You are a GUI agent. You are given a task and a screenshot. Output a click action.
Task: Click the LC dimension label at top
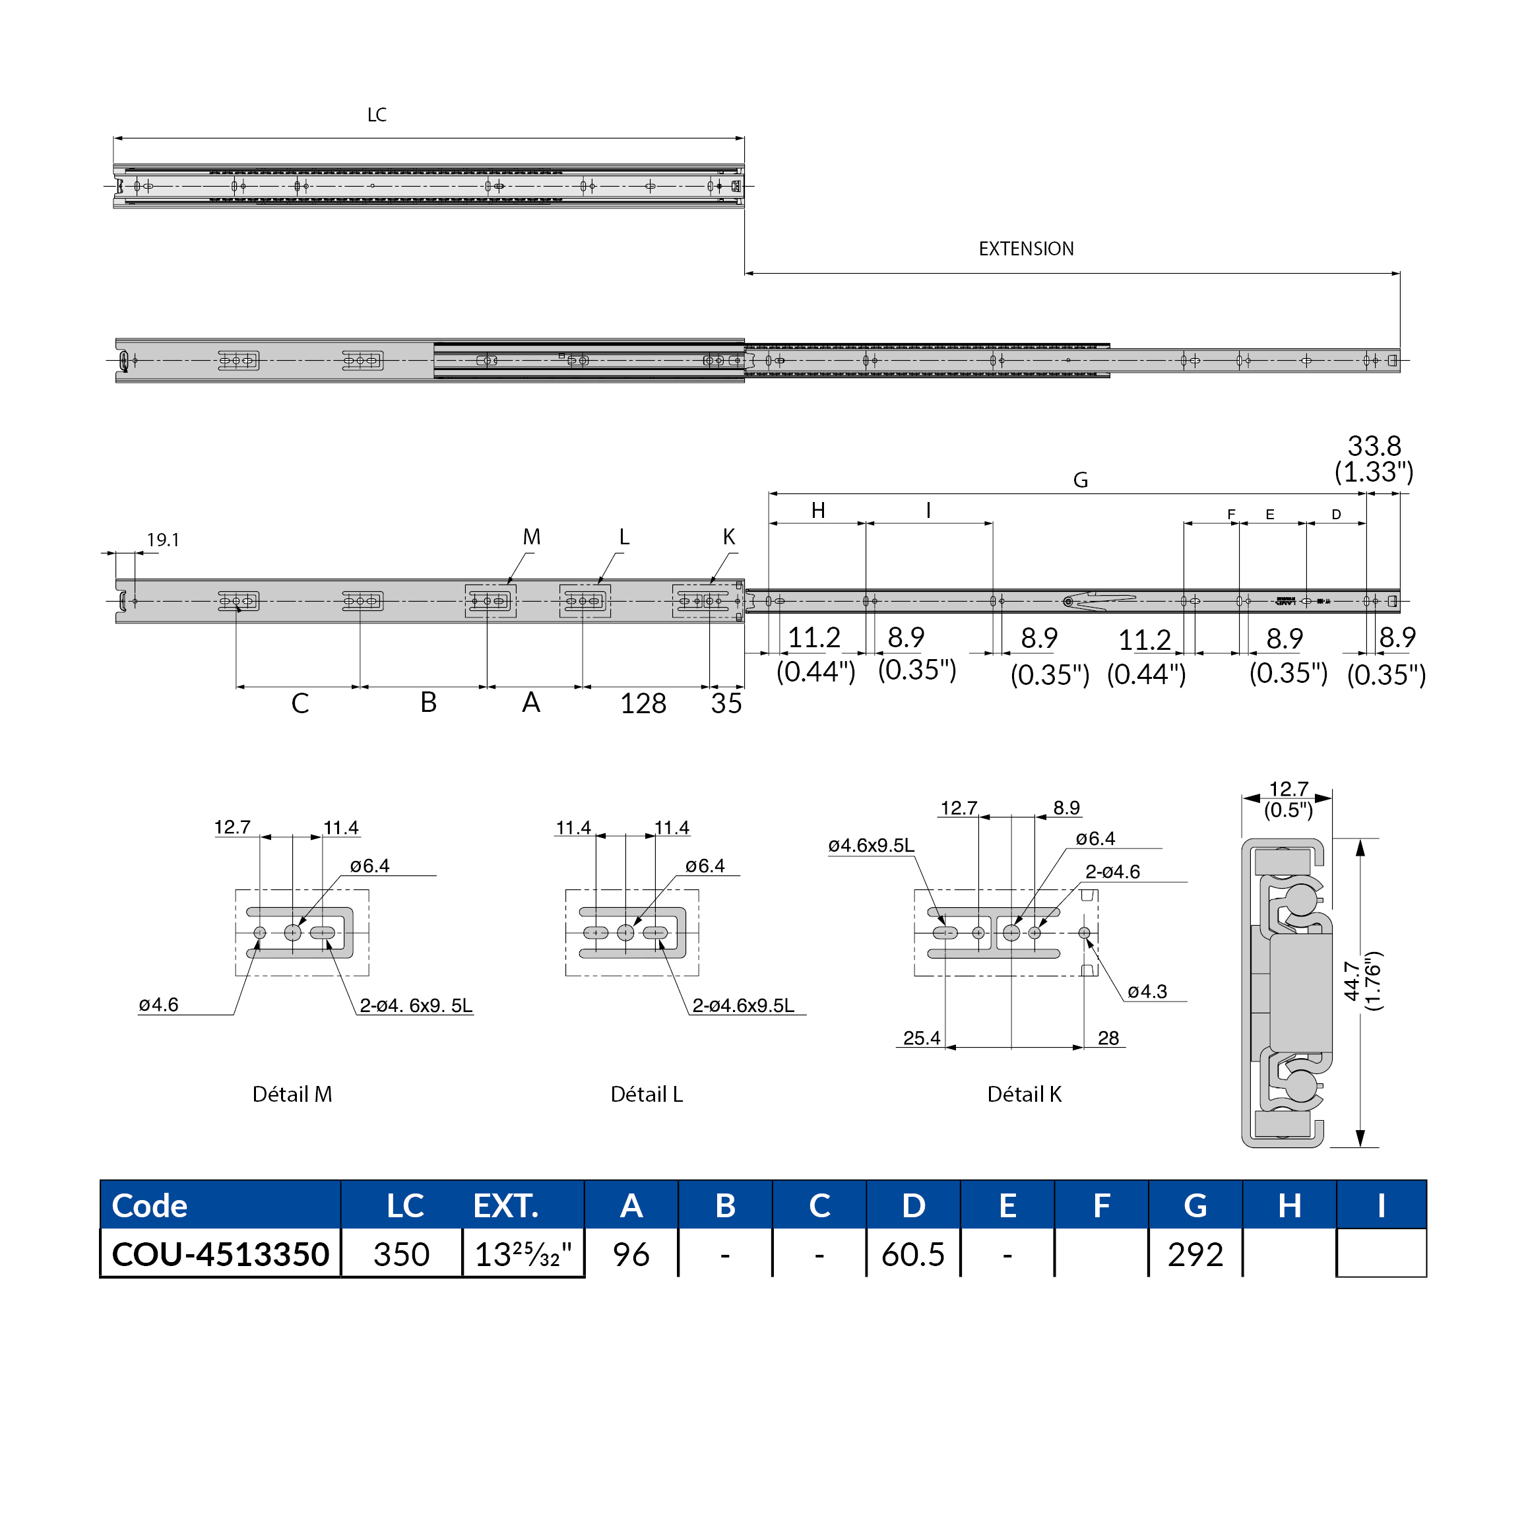pos(377,115)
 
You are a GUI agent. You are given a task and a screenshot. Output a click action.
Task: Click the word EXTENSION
pos(1025,249)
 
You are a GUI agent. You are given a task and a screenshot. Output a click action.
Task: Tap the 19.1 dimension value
pos(163,540)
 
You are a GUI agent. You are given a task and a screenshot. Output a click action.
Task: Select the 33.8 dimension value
pos(1374,446)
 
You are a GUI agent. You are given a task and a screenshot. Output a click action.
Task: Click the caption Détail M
pos(292,1094)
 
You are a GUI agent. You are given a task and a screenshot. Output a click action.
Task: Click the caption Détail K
pos(1024,1094)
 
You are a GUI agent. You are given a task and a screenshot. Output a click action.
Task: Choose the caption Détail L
pos(646,1094)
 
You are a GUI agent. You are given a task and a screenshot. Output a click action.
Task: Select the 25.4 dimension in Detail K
pos(921,1038)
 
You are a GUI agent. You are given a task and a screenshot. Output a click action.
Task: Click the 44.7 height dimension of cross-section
pos(1351,981)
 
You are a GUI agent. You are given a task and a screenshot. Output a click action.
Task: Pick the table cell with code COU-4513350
pos(220,1254)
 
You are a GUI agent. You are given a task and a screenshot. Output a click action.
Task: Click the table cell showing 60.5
pos(912,1254)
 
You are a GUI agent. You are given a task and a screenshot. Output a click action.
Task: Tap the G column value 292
pos(1194,1254)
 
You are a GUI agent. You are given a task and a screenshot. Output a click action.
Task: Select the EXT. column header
pos(505,1206)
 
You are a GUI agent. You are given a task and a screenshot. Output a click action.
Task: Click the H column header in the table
pos(1288,1206)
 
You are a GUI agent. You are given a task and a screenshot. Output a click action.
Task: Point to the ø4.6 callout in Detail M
pos(159,1005)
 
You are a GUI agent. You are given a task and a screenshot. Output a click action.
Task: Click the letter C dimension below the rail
pos(300,703)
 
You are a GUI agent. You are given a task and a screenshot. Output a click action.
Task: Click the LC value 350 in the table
pos(401,1254)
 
